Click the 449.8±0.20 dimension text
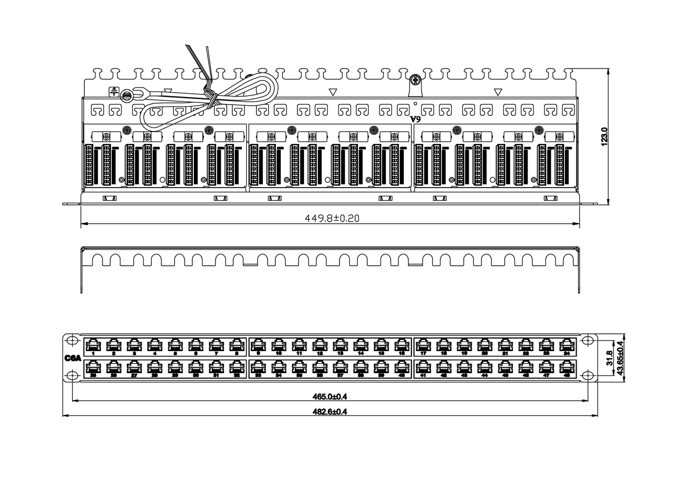point(332,218)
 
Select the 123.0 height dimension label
point(605,136)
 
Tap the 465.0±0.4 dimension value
point(330,397)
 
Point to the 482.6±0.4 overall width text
point(330,411)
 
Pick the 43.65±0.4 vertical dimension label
point(620,358)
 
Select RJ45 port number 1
point(93,345)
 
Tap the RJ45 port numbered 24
point(566,345)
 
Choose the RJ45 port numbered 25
point(93,367)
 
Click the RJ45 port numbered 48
point(566,367)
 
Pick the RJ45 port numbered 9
point(258,345)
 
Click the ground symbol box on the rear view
point(114,92)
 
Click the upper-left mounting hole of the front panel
point(72,340)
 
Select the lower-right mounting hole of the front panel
point(588,375)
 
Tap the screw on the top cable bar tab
point(415,80)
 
